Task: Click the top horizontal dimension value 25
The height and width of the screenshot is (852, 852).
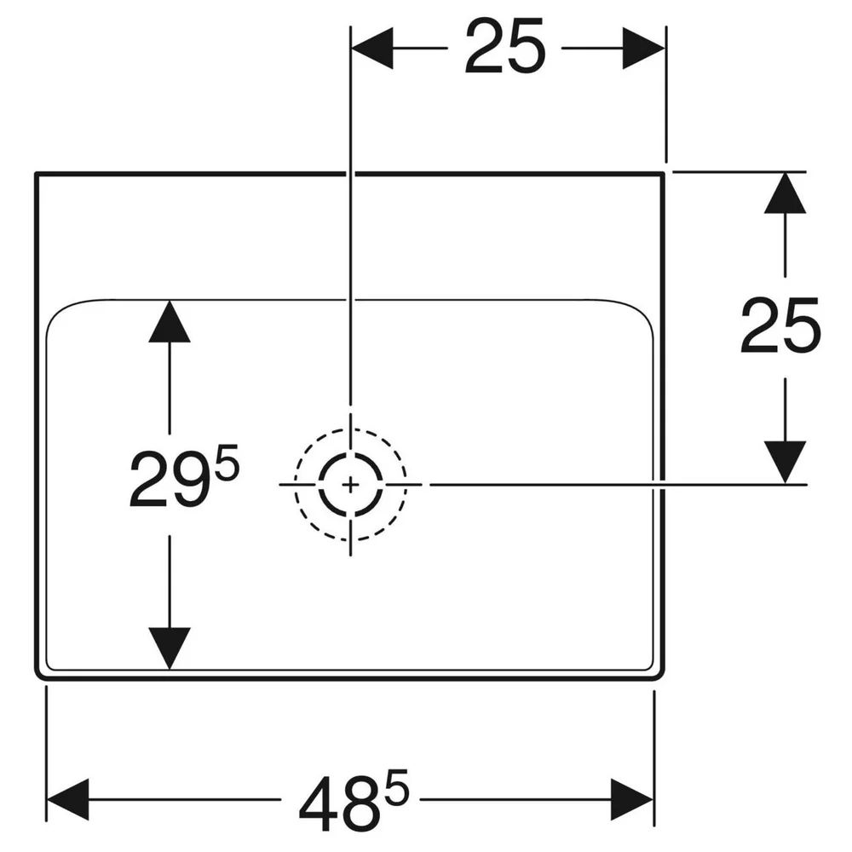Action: [x=504, y=47]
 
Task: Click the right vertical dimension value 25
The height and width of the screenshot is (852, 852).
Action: [x=780, y=325]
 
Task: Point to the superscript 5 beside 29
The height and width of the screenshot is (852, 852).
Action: [x=227, y=462]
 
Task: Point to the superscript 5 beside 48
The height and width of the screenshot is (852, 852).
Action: [x=397, y=783]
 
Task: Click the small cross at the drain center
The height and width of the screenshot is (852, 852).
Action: [x=350, y=484]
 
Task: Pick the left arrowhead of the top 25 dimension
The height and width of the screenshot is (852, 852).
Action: [x=372, y=48]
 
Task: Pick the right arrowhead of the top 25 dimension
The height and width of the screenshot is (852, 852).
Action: [x=643, y=48]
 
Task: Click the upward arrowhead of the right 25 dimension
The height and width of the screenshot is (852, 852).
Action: [x=786, y=193]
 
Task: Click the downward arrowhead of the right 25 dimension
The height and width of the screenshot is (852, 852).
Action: [x=786, y=462]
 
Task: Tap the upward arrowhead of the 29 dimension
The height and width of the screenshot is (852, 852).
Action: [x=170, y=321]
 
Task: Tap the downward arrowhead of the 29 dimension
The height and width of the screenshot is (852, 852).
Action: [x=170, y=648]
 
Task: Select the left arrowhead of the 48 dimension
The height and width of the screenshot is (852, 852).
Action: [x=68, y=799]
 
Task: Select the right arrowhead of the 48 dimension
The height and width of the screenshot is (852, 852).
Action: [x=632, y=799]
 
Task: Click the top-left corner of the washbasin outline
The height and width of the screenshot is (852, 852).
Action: [x=37, y=174]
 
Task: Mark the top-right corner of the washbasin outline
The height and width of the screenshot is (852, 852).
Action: [x=664, y=174]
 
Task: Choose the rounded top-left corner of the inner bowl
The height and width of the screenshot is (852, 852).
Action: [x=57, y=310]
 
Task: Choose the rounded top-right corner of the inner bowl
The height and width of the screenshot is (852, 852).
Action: [x=642, y=310]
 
